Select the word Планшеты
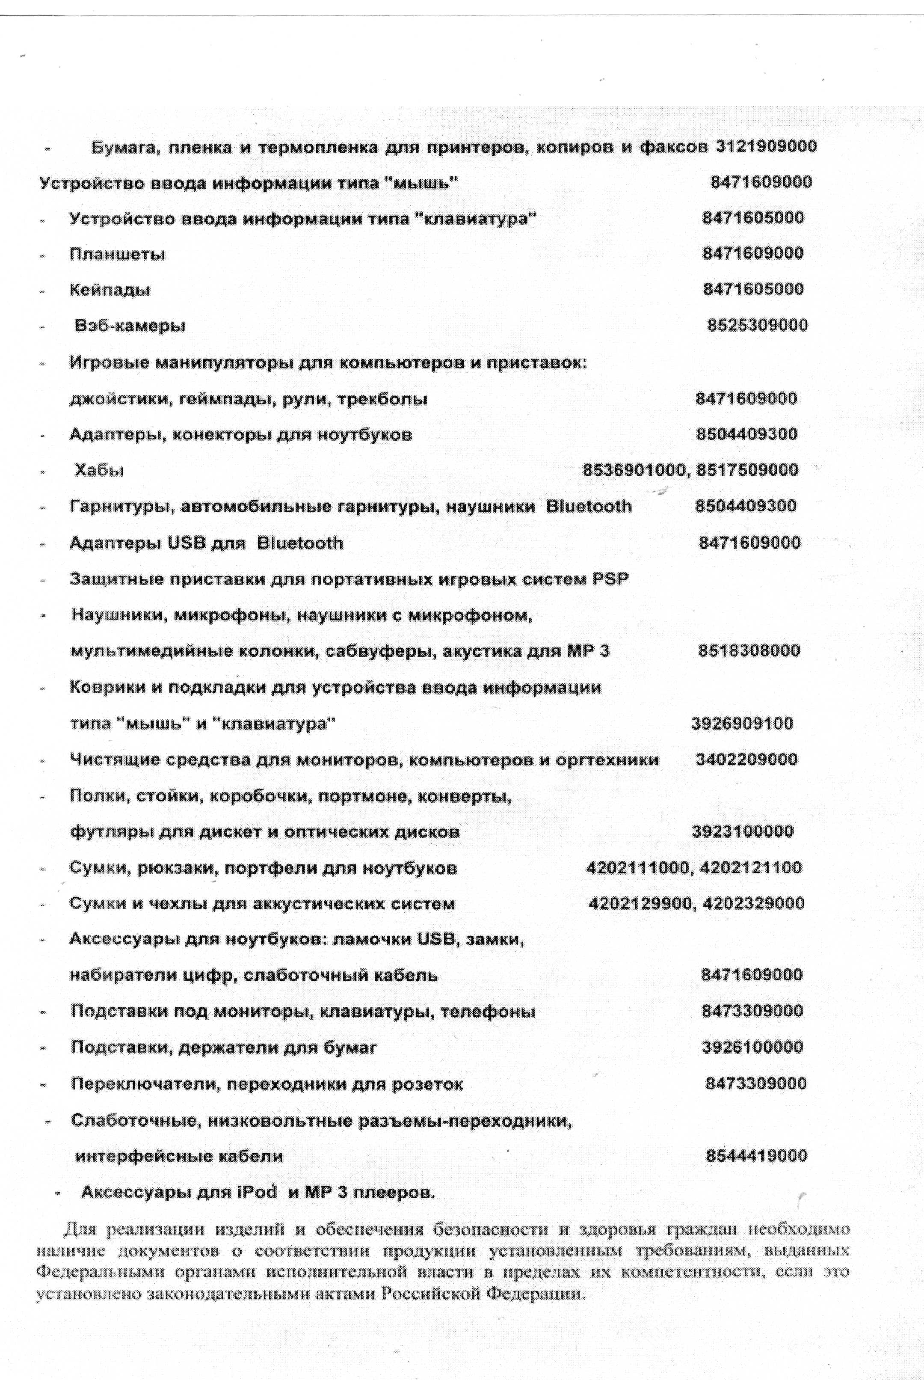[117, 255]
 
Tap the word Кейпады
[110, 290]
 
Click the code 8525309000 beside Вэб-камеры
[757, 325]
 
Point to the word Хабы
[99, 470]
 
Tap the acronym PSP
[609, 579]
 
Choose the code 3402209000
[746, 759]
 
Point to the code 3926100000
[752, 1048]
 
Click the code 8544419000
[756, 1156]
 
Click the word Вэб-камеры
[130, 325]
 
